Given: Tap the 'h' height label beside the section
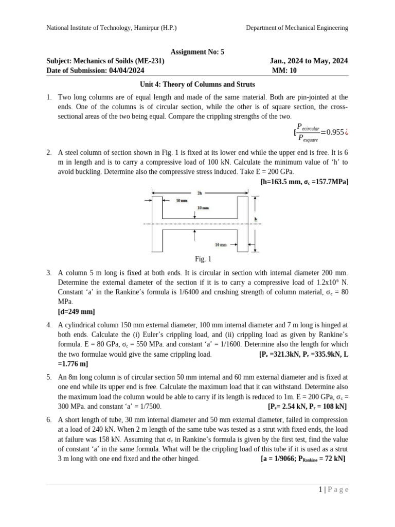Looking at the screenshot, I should [x=256, y=219].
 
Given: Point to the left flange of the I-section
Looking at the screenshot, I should [x=157, y=224].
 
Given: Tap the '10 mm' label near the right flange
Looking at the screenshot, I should [x=221, y=244].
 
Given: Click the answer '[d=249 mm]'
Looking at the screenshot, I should [x=76, y=312].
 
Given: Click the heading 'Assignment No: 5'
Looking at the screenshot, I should [x=197, y=51].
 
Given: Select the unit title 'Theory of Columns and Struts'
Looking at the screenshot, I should [x=209, y=84].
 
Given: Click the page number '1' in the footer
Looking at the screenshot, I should [x=320, y=490].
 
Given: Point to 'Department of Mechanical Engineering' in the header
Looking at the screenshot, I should [x=297, y=28].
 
